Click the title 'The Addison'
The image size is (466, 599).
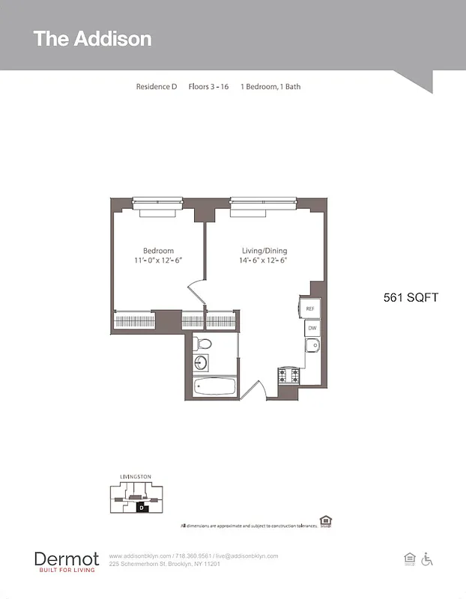pyautogui.click(x=92, y=39)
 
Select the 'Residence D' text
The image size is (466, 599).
pyautogui.click(x=156, y=87)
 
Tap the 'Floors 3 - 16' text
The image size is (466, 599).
pyautogui.click(x=208, y=87)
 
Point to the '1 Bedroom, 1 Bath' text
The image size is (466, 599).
pyautogui.click(x=270, y=87)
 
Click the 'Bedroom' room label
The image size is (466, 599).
pyautogui.click(x=158, y=251)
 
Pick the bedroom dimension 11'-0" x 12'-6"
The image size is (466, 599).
pyautogui.click(x=158, y=261)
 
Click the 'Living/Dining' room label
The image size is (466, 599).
pyautogui.click(x=264, y=251)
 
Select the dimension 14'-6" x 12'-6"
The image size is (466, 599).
pyautogui.click(x=264, y=261)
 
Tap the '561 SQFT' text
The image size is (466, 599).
pyautogui.click(x=411, y=297)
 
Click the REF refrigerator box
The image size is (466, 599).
pyautogui.click(x=310, y=308)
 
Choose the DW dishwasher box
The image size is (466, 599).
pyautogui.click(x=312, y=328)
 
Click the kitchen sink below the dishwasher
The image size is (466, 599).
pyautogui.click(x=312, y=346)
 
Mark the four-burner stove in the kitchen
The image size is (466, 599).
pyautogui.click(x=289, y=374)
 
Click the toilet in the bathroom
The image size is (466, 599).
pyautogui.click(x=202, y=344)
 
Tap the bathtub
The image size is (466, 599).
pyautogui.click(x=215, y=388)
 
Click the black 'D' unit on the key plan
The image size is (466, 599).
pyautogui.click(x=141, y=507)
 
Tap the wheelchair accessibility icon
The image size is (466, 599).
pyautogui.click(x=428, y=559)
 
